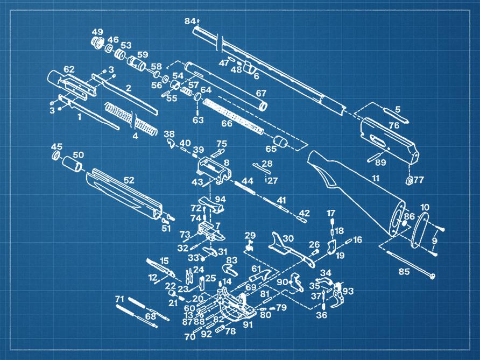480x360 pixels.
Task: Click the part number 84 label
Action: (189, 21)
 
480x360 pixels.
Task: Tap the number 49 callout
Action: (97, 32)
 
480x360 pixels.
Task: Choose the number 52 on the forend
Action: (129, 180)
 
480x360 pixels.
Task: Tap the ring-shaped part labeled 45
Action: (56, 156)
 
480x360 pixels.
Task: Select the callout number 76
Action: (394, 125)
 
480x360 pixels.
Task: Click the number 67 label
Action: (261, 93)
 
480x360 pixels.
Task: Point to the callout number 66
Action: (227, 123)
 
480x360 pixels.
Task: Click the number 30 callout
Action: (288, 238)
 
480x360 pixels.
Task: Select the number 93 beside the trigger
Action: (348, 291)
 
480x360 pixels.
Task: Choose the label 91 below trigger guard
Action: (248, 324)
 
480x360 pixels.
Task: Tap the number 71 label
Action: (119, 299)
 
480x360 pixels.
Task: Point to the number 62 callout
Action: (69, 69)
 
